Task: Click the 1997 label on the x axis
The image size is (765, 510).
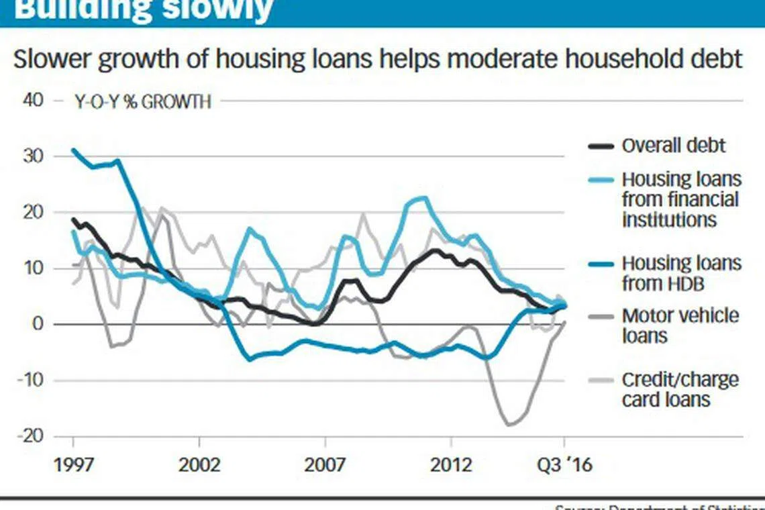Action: click(72, 464)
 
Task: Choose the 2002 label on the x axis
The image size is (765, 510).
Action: click(199, 464)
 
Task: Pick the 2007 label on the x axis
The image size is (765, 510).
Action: click(325, 464)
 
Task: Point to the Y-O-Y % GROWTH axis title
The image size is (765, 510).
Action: click(142, 102)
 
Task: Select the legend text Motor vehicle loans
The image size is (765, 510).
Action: click(679, 325)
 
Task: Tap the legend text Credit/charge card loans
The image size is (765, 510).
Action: click(679, 389)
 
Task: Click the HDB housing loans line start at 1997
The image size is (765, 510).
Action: click(73, 150)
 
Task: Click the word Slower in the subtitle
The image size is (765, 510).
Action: click(53, 60)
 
